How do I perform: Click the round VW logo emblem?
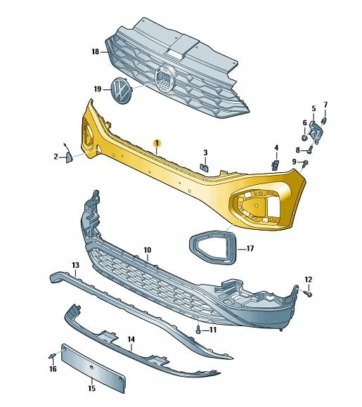(121, 91)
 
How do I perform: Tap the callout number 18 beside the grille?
(96, 52)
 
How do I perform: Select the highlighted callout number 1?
(157, 143)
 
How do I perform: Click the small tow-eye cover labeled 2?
(70, 157)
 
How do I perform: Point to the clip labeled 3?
(205, 168)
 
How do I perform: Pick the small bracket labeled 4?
(275, 164)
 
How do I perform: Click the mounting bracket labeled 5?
(316, 132)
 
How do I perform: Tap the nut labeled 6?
(304, 138)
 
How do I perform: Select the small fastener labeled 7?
(324, 120)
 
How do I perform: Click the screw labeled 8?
(310, 150)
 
